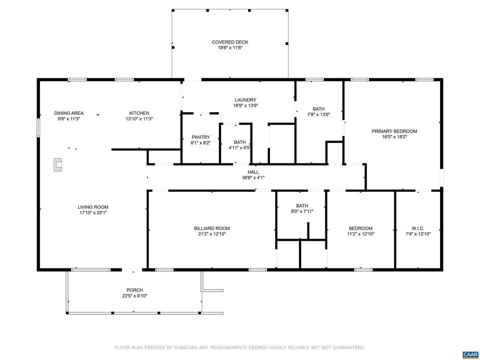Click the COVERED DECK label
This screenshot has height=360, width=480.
[x=230, y=42]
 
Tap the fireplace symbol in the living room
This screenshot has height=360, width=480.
[x=58, y=165]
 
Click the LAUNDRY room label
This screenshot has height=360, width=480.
[x=245, y=100]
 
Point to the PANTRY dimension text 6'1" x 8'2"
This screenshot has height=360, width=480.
[x=201, y=143]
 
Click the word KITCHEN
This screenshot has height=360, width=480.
[x=139, y=113]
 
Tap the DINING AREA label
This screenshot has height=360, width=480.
[x=69, y=113]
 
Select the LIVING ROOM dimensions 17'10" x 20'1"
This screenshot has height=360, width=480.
[x=93, y=213]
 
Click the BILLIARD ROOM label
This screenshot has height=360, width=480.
[x=212, y=228]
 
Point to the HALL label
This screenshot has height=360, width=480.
[x=253, y=172]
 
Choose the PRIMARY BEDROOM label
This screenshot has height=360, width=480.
[x=394, y=131]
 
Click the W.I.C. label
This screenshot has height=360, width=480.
[x=418, y=228]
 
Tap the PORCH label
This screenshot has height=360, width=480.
[x=134, y=290]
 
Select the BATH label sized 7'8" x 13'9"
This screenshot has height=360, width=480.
[x=318, y=109]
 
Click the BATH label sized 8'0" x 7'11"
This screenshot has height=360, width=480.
[x=302, y=206]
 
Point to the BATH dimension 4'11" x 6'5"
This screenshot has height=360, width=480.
[x=239, y=148]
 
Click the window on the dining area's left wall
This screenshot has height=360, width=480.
[x=38, y=128]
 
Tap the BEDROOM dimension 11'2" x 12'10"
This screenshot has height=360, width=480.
[x=361, y=234]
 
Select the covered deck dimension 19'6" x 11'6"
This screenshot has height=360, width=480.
[x=230, y=48]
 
